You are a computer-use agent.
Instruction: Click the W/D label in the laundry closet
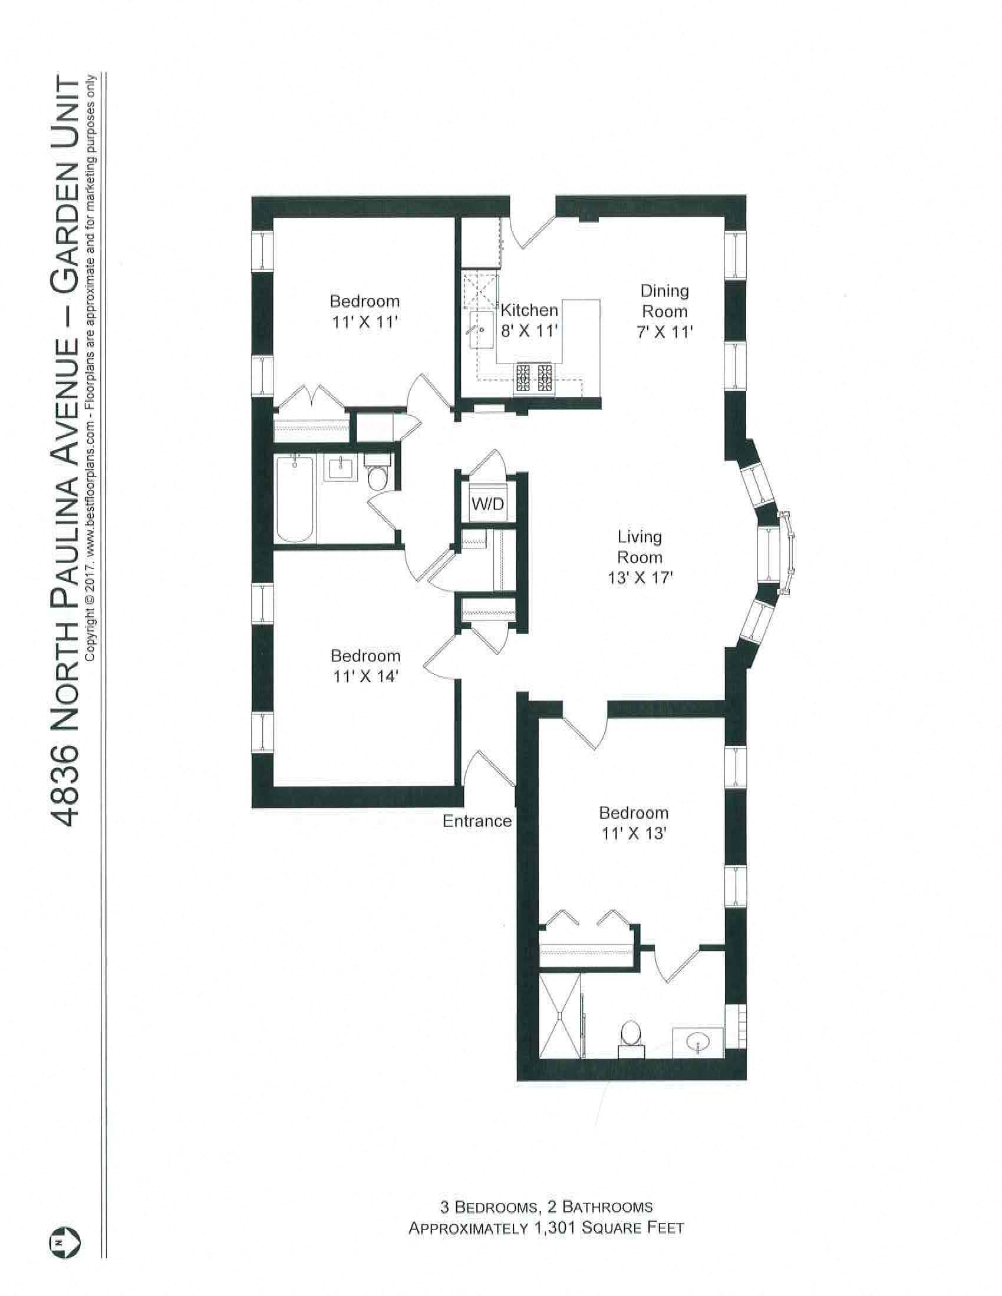487,504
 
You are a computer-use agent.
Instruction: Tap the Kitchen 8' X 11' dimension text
528,330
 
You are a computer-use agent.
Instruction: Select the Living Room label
640,547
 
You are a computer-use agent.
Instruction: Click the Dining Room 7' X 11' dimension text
664,332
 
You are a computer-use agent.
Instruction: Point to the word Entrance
477,821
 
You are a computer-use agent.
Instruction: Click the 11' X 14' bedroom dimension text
365,676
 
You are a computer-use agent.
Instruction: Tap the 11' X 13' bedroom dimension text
633,833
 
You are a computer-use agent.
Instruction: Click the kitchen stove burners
534,378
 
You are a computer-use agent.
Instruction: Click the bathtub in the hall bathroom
295,498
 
